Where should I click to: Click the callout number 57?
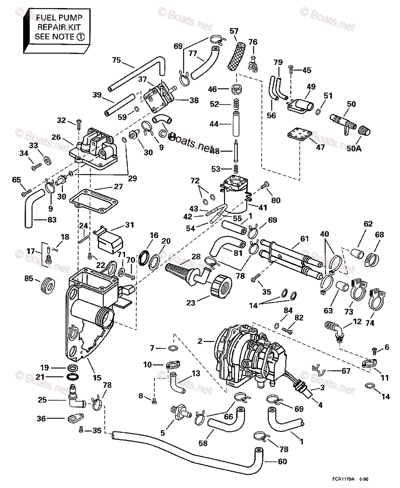coord(234,31)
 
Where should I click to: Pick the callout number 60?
coord(282,462)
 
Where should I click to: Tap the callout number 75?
coord(116,60)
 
